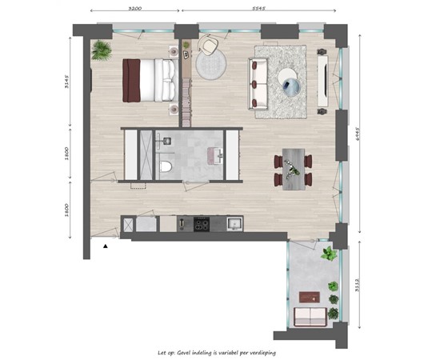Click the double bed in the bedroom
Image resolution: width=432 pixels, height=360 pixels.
[149, 80]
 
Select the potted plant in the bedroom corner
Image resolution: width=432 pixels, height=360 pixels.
[102, 51]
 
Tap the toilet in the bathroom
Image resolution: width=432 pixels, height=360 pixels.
[166, 166]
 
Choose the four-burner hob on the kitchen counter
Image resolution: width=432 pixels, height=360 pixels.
[200, 223]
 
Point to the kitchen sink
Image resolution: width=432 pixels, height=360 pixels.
[234, 223]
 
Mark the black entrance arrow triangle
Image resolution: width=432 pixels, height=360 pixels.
[106, 246]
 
